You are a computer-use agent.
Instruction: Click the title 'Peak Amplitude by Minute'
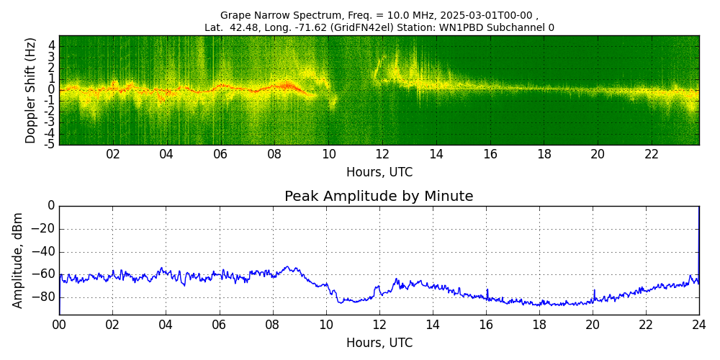(x=379, y=197)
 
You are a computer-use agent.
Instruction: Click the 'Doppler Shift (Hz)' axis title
(x=31, y=91)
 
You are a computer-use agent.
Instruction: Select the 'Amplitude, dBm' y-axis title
(x=19, y=260)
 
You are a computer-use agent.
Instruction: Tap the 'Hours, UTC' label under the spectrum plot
(x=379, y=173)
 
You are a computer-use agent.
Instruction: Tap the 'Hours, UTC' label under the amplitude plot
(x=379, y=343)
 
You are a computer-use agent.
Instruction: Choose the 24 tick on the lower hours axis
(x=699, y=325)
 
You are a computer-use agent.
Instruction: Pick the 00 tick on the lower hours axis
(x=59, y=325)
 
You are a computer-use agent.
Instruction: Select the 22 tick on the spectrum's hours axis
(x=652, y=155)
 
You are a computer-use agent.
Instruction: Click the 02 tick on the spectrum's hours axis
(x=113, y=155)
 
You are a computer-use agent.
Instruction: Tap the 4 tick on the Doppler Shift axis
(x=52, y=45)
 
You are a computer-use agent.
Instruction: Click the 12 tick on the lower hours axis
(x=379, y=325)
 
